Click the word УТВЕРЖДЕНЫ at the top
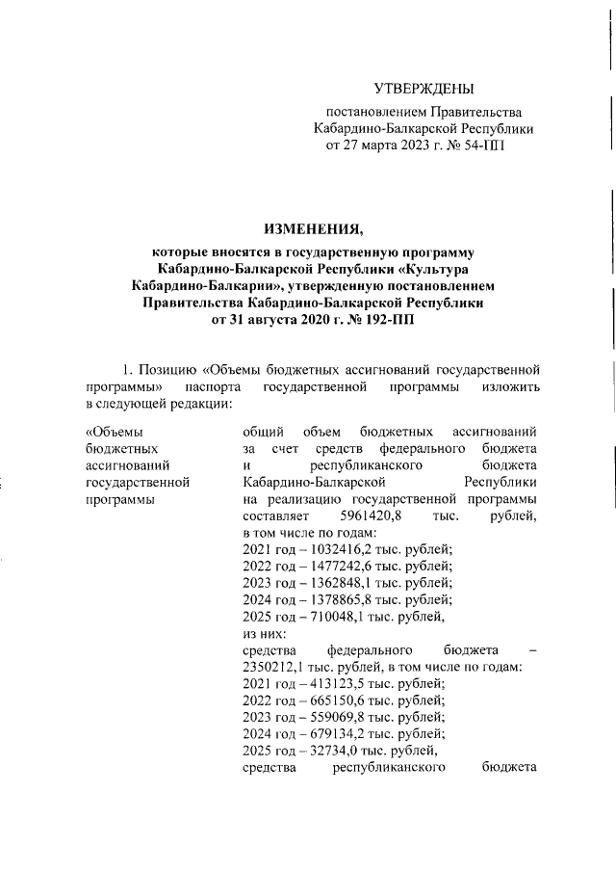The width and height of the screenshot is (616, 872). tap(423, 90)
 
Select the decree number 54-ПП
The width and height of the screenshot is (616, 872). tap(480, 145)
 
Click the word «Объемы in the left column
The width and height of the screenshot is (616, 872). tap(114, 431)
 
